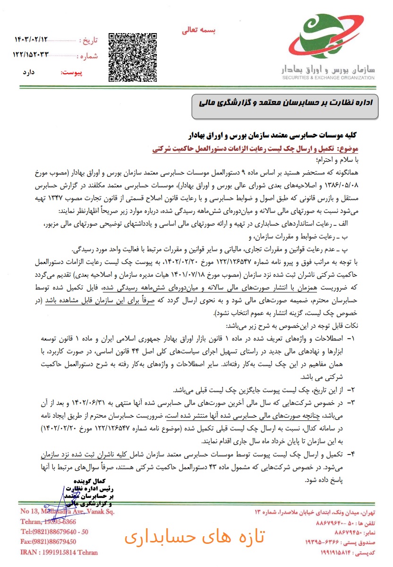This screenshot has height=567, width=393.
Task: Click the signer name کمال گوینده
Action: tap(94, 480)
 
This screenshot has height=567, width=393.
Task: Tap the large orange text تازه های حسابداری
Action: tap(195, 538)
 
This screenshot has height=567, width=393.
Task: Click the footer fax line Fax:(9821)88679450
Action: tap(48, 541)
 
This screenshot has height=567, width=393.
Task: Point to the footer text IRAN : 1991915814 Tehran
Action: tap(59, 552)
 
